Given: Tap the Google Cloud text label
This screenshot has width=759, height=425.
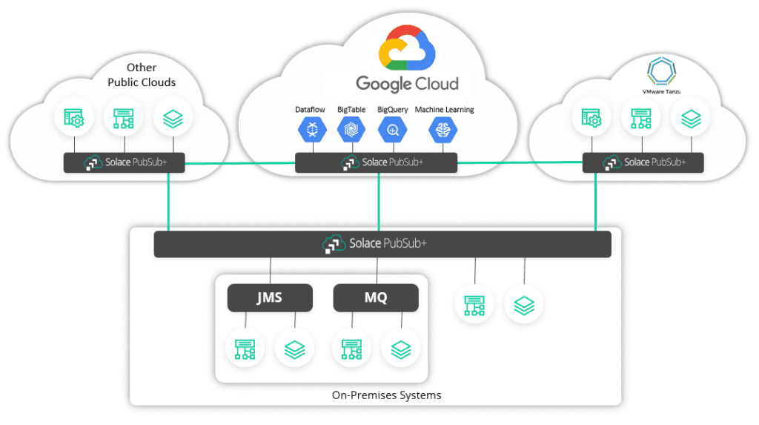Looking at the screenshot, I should coord(407,83).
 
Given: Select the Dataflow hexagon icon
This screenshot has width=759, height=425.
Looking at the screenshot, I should coord(312,131).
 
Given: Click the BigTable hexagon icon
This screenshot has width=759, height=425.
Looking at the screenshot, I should coord(351,131).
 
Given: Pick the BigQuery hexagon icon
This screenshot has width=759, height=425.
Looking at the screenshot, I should coord(392,131).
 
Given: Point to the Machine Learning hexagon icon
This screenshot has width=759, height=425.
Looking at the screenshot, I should coord(443,131).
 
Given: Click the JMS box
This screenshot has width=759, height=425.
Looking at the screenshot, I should coord(270,298).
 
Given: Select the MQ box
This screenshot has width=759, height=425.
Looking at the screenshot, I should coord(376,298).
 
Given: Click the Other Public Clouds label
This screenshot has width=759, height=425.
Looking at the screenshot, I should coord(142,75).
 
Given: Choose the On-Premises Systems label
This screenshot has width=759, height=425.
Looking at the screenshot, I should coord(386,395).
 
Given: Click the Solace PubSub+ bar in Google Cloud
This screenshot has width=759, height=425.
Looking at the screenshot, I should coord(376,162).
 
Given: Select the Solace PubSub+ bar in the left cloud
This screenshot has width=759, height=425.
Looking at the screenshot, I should coord(124,162).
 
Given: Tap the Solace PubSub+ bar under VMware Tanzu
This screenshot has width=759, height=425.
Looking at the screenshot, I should coord(643,162).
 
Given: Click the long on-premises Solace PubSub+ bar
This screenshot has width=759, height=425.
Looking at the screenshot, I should coord(382,244).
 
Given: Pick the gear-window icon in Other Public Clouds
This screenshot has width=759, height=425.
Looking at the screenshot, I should coord(73,118).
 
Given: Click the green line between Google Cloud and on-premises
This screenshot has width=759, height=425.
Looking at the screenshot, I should coord(379,202).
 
